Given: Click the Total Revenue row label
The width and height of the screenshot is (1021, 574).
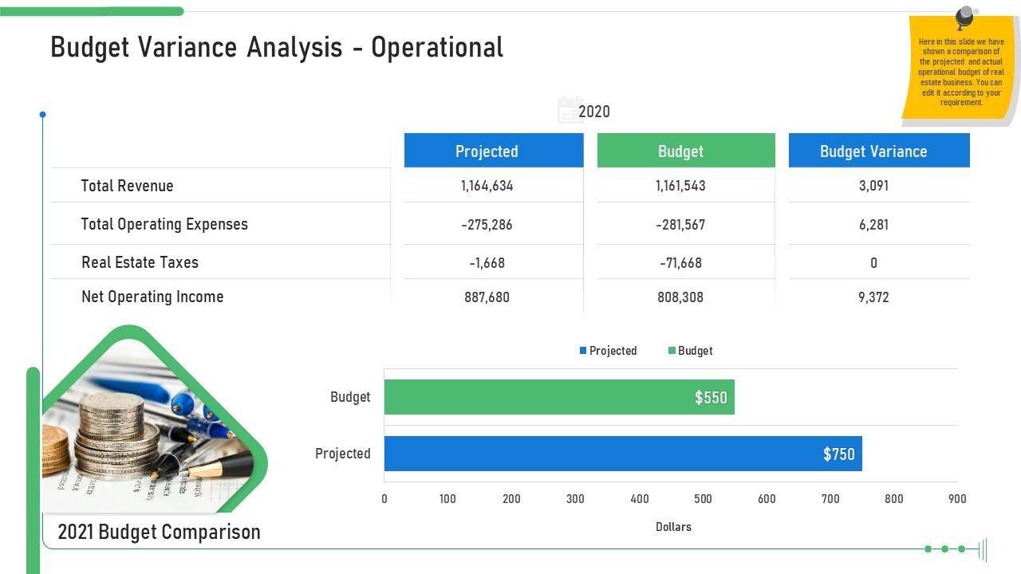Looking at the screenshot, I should pyautogui.click(x=127, y=186).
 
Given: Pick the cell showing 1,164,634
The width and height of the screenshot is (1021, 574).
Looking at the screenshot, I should pyautogui.click(x=487, y=186).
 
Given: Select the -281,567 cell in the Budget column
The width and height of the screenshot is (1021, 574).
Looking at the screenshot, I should pyautogui.click(x=680, y=225).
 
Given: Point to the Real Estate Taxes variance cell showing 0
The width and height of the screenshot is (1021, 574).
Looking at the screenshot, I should pyautogui.click(x=873, y=263).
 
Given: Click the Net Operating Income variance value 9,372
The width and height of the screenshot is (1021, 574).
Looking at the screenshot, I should pyautogui.click(x=873, y=297).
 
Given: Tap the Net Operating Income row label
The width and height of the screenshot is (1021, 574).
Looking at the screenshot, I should pyautogui.click(x=152, y=297).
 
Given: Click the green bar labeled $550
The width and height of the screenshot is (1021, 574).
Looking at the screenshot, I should pyautogui.click(x=558, y=397).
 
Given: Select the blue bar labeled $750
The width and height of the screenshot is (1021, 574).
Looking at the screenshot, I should pyautogui.click(x=622, y=454).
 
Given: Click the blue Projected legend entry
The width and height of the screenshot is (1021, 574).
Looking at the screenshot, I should pyautogui.click(x=608, y=351).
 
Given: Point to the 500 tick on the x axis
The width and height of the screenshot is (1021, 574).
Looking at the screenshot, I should pyautogui.click(x=703, y=499).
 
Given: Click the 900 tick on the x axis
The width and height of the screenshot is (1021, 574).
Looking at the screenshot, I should pyautogui.click(x=957, y=499).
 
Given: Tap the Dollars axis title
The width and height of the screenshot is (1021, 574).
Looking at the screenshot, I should pyautogui.click(x=673, y=527).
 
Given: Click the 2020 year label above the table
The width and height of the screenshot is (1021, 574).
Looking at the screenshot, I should pyautogui.click(x=593, y=112).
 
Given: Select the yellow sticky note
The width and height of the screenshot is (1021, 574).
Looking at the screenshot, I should pyautogui.click(x=960, y=72).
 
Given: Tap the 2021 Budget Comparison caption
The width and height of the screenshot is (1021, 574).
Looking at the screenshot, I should pyautogui.click(x=160, y=532).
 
